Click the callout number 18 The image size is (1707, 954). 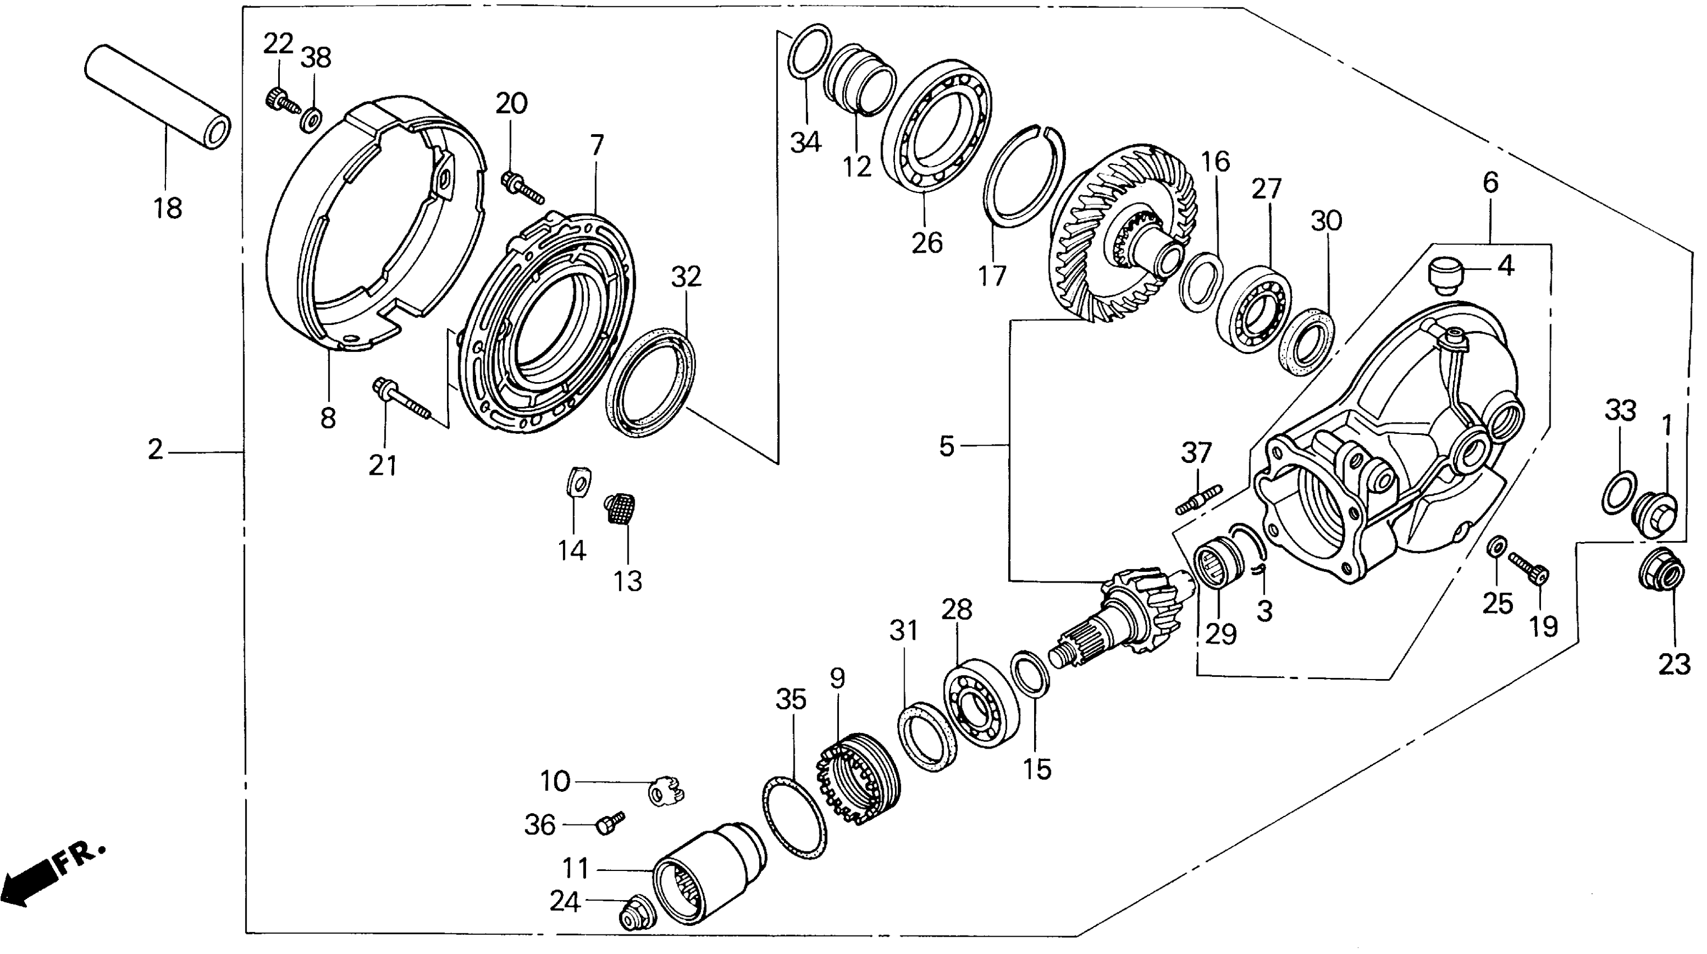click(168, 208)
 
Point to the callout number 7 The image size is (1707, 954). click(597, 145)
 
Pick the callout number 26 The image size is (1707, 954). click(926, 244)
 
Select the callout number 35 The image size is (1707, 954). click(791, 699)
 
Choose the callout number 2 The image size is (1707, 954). click(155, 450)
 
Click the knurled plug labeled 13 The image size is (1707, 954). click(621, 508)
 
